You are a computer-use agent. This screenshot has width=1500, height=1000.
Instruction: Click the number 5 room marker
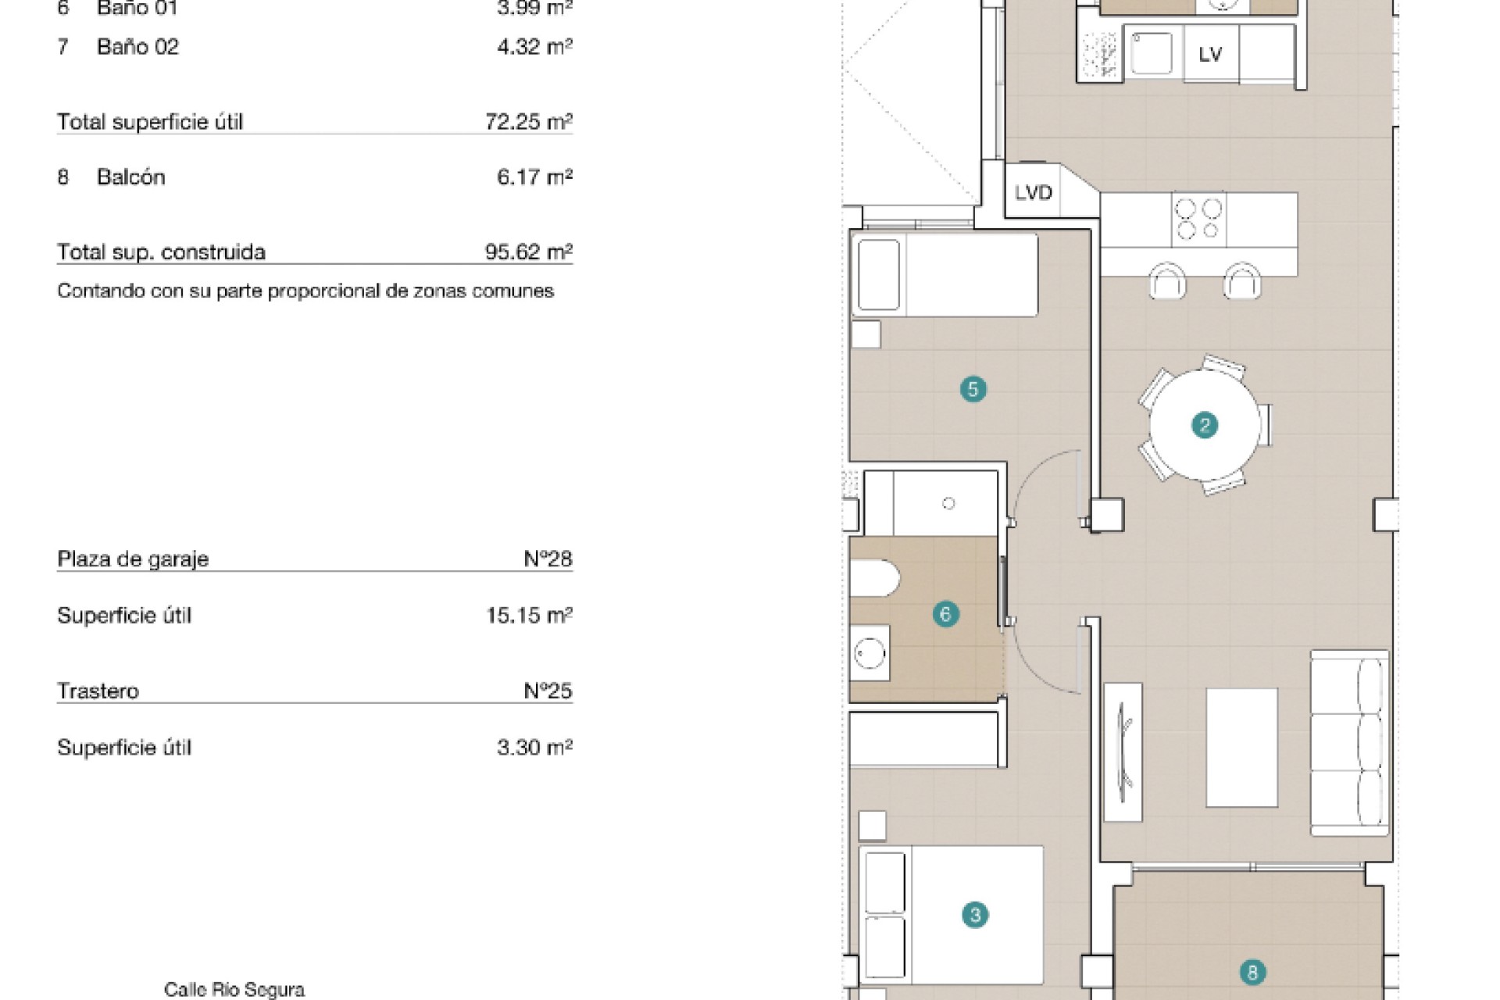[x=973, y=389]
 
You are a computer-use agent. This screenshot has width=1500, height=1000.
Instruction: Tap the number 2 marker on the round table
[x=1204, y=425]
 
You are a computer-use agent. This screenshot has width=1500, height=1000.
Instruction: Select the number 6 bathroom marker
[x=945, y=614]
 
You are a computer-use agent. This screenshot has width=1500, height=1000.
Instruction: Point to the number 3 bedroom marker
[x=974, y=915]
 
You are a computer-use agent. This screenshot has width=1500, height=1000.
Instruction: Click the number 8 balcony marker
[x=1252, y=973]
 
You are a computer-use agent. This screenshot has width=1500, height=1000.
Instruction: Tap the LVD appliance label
[x=1033, y=192]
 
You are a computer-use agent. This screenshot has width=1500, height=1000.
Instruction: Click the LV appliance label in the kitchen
[x=1210, y=54]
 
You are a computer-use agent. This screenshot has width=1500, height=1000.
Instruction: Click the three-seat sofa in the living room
[x=1349, y=743]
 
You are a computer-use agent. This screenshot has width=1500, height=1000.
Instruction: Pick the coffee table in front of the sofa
[x=1242, y=748]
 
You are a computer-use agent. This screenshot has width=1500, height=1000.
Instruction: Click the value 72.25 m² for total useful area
[x=529, y=122]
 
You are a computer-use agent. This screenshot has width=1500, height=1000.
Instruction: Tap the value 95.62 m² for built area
[x=529, y=252]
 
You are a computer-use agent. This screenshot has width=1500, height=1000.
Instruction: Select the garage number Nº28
[x=548, y=559]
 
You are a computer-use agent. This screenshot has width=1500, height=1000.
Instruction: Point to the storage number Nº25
[x=548, y=691]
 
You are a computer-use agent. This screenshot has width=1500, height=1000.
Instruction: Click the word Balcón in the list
[x=131, y=177]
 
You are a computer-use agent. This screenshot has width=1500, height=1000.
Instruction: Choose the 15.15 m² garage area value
[x=529, y=615]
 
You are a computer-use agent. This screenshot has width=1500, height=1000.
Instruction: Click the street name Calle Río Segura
[x=234, y=990]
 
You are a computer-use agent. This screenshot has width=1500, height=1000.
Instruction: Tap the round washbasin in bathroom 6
[x=870, y=653]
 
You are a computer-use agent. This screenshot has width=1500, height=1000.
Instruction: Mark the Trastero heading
[x=98, y=691]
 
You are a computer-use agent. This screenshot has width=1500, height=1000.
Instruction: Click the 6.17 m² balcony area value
[x=535, y=177]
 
